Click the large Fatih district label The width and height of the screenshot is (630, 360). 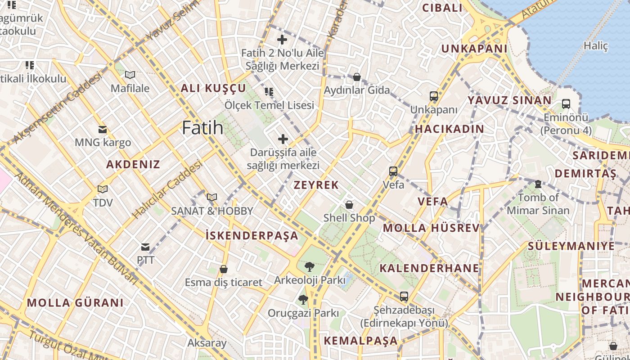pos(202,128)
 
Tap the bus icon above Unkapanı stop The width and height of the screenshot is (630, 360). pos(434,96)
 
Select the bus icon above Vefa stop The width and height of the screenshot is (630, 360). pos(393,171)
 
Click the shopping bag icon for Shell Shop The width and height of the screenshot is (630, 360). pos(349,205)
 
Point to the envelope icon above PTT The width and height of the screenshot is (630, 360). pos(145,247)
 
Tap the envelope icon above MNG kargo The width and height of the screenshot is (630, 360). pos(103,130)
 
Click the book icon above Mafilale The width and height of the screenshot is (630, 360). pos(130,75)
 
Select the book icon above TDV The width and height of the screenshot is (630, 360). pos(103,189)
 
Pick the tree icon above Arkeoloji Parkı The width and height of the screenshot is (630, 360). pos(310,267)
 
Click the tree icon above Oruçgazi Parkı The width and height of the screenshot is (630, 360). pos(303,299)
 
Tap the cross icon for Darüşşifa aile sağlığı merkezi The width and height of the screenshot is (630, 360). pos(283,139)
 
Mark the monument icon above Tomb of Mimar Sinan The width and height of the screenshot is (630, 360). pos(538,184)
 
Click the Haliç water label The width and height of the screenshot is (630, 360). pos(595,45)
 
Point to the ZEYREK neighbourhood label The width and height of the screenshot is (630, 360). pos(316,185)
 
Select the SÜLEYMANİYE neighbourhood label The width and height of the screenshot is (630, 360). pos(571,246)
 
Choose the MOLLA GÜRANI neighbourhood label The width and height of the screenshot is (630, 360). pos(75,302)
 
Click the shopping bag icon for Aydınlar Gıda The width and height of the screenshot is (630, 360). pos(357,77)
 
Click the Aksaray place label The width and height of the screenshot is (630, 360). pos(207,343)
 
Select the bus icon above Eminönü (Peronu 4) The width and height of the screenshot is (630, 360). pos(566,104)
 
